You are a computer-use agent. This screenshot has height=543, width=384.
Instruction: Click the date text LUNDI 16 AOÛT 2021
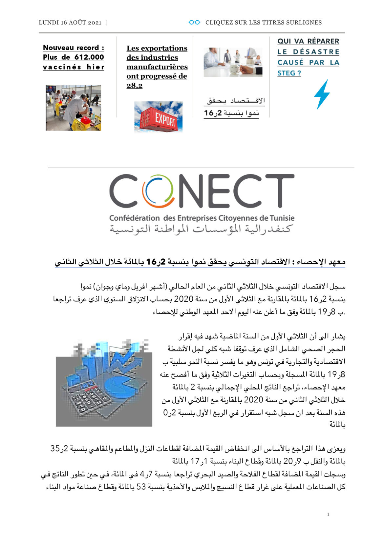(70, 23)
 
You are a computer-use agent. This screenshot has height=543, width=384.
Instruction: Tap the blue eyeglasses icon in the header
(194, 22)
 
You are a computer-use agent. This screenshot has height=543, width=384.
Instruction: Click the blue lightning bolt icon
(321, 94)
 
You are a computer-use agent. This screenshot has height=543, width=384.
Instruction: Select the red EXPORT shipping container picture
(158, 117)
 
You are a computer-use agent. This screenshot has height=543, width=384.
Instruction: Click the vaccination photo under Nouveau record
(73, 108)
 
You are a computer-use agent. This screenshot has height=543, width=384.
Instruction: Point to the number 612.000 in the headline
(89, 57)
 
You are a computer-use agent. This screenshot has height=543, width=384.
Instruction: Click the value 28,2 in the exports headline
(135, 86)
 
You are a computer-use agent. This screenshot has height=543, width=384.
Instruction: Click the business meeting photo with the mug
(233, 62)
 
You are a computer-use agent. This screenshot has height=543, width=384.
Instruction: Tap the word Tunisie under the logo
(282, 218)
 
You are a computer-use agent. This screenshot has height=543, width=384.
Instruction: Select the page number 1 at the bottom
(328, 514)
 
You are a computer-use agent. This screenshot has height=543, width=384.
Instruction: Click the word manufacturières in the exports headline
(157, 67)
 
